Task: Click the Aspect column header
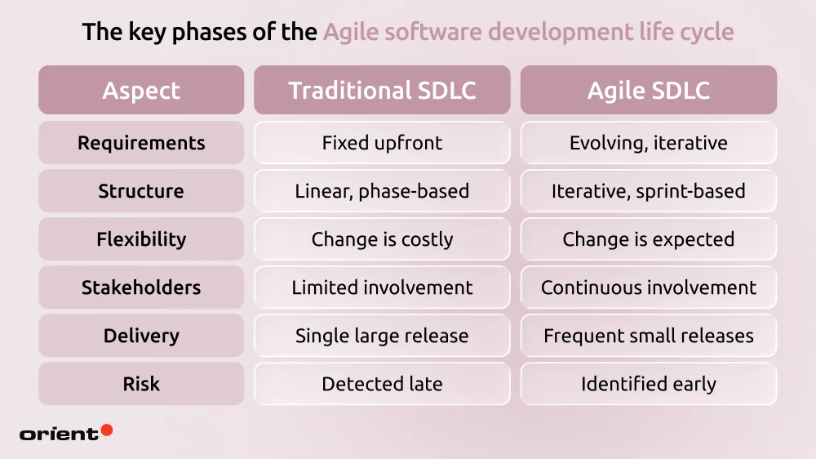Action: coord(141,90)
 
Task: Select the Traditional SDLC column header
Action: coord(382,90)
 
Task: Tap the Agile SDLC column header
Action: coord(649,90)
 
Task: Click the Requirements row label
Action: coord(141,143)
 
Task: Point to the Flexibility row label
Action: coord(141,239)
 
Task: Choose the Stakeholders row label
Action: coord(141,287)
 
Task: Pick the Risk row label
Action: coord(141,384)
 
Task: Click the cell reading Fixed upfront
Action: coord(382,143)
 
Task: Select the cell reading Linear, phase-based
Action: coord(382,191)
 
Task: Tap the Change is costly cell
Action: coord(382,239)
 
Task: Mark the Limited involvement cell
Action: coord(382,287)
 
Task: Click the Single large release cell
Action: coord(382,336)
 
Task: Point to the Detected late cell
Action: coord(382,384)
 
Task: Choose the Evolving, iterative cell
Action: coord(649,143)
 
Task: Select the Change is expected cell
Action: coord(649,239)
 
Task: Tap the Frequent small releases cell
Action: coord(649,336)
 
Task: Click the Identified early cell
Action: coord(649,384)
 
